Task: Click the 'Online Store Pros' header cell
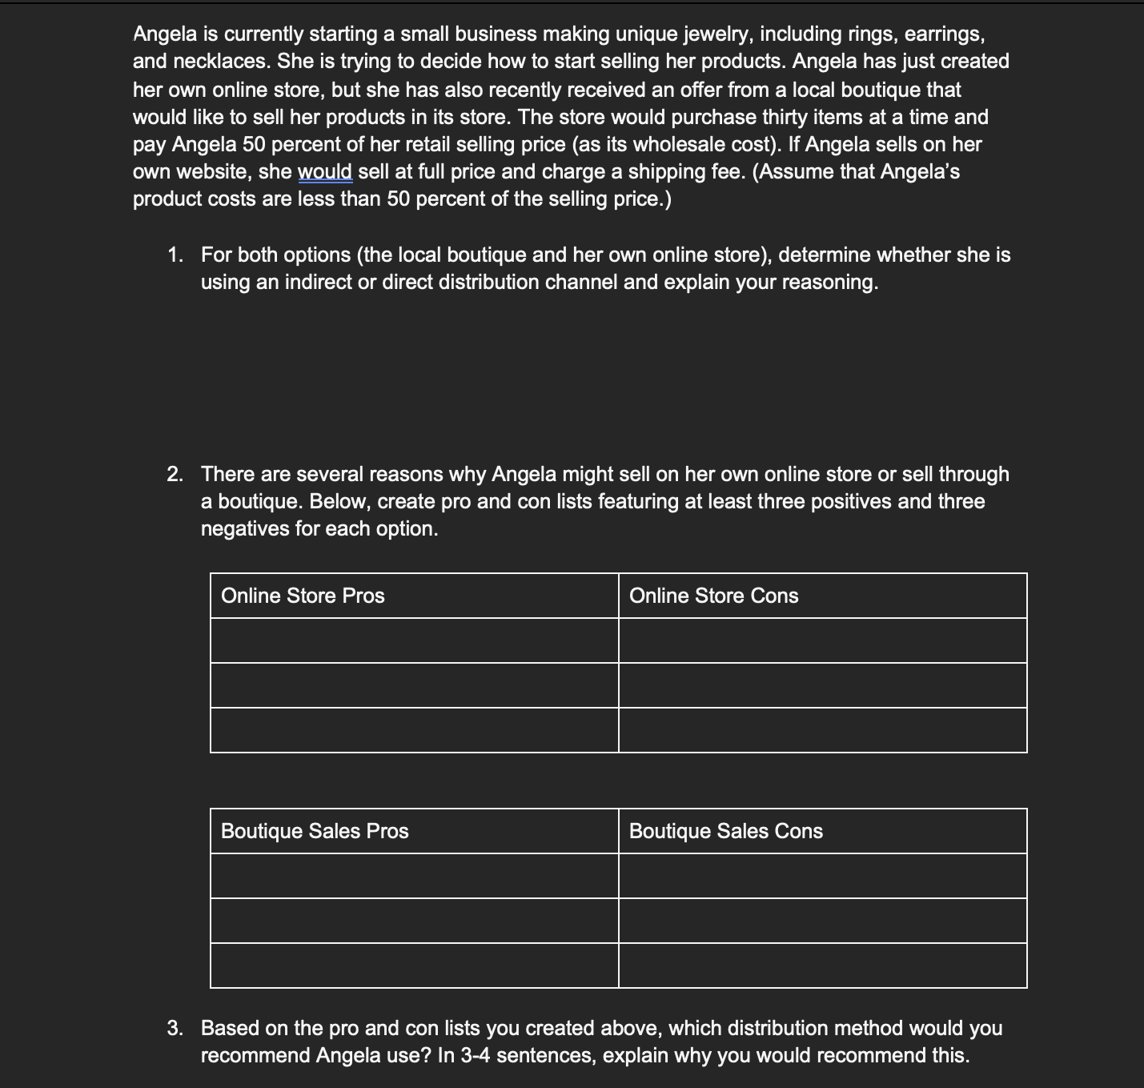[x=303, y=596]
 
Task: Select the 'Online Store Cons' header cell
[x=713, y=596]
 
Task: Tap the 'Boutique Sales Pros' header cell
[x=315, y=831]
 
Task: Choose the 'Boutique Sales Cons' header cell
[x=725, y=831]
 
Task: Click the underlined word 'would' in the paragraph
[x=325, y=172]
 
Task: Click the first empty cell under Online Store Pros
[x=415, y=640]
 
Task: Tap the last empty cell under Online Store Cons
[x=822, y=730]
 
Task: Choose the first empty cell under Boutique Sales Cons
[x=822, y=876]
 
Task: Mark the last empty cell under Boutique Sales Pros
[x=415, y=966]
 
